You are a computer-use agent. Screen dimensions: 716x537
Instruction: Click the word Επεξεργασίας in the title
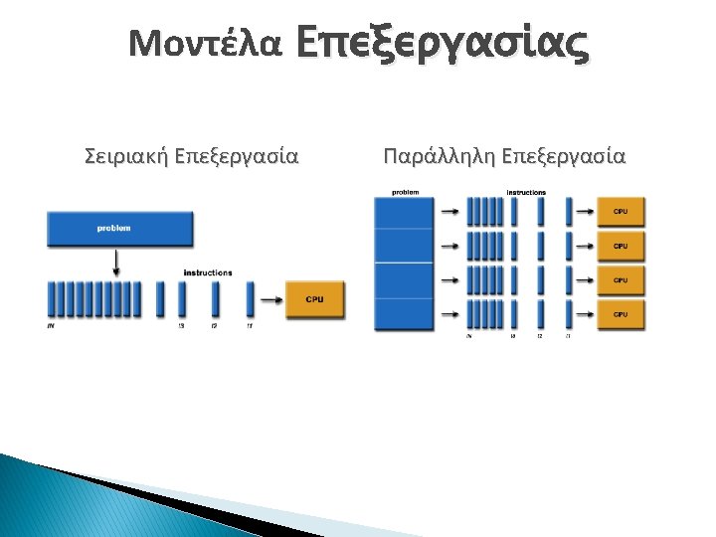tap(442, 42)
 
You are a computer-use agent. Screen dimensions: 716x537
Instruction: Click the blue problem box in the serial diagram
tap(119, 229)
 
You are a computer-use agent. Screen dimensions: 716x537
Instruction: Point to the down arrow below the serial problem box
tap(116, 263)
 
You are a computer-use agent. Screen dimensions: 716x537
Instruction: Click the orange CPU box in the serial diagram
tap(315, 299)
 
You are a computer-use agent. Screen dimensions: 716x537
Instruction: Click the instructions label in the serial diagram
tap(208, 272)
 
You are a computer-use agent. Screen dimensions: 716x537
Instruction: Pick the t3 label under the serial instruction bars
tap(181, 325)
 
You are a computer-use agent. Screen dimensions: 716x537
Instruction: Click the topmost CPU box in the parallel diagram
tap(621, 212)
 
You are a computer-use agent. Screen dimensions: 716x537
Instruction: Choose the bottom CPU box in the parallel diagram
tap(621, 314)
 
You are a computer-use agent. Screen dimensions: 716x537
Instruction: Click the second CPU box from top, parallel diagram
tap(621, 246)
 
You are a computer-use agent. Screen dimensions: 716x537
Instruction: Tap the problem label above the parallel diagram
tap(405, 191)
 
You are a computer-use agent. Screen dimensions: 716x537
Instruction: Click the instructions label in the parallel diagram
tap(526, 191)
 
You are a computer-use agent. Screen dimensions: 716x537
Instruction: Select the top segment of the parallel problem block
tap(404, 212)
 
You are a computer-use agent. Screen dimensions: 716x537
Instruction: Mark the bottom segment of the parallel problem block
tap(404, 314)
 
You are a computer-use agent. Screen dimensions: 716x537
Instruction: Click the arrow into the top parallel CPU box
tap(584, 212)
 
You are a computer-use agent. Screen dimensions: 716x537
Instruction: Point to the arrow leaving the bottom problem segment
tap(448, 314)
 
